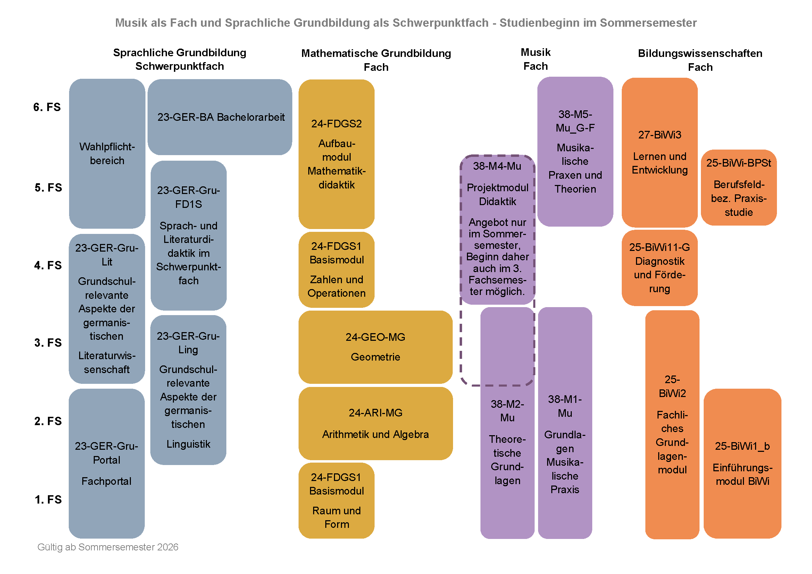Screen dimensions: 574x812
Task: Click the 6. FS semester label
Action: coord(47,107)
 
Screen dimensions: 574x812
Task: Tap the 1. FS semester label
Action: coord(48,499)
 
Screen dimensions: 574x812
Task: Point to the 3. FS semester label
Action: coord(48,343)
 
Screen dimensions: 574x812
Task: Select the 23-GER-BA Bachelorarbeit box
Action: coord(220,117)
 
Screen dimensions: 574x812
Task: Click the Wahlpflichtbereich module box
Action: coord(107,153)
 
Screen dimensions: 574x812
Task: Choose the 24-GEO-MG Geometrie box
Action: coord(375,347)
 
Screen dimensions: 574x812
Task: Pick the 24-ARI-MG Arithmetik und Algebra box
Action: coord(375,423)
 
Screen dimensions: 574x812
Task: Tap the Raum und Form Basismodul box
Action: coord(336,500)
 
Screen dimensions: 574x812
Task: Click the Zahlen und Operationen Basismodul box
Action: coord(336,270)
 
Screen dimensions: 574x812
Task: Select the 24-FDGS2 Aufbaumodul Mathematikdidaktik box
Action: coord(336,154)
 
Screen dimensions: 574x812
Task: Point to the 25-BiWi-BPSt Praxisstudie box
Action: coord(738,187)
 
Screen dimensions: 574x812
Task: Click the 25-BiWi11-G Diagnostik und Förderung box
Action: coord(659,268)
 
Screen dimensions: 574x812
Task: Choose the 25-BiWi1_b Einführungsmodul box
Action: coord(742,463)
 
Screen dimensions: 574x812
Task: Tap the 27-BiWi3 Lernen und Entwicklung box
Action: coord(659,152)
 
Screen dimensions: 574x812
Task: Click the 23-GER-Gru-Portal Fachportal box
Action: coord(107,463)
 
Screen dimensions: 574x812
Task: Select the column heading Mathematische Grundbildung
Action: coord(376,53)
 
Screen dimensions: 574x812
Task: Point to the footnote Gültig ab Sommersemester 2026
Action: coord(108,547)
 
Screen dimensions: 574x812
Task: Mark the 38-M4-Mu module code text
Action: coord(497,166)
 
